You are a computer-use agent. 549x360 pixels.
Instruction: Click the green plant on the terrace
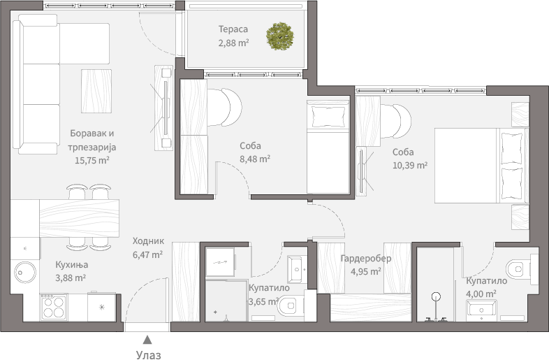(280, 36)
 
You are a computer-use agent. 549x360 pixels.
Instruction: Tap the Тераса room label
(233, 29)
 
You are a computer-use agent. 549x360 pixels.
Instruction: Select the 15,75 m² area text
(92, 160)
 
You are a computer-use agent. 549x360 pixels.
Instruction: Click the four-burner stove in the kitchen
(54, 307)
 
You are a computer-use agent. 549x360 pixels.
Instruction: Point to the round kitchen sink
(25, 272)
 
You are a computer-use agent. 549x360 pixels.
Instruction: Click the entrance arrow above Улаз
(148, 339)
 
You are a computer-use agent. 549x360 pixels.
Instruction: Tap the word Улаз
(149, 354)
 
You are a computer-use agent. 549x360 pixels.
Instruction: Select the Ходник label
(148, 241)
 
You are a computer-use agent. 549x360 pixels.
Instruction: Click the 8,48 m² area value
(255, 159)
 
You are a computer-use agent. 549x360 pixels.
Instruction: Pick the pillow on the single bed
(328, 117)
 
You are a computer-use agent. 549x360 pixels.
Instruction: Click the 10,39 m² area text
(410, 165)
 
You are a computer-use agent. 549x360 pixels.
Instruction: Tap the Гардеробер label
(366, 259)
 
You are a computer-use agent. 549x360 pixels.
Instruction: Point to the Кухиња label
(72, 265)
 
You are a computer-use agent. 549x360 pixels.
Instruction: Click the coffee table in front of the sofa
(96, 91)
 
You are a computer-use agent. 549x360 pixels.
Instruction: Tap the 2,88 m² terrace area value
(233, 43)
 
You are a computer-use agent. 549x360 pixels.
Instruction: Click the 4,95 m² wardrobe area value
(366, 272)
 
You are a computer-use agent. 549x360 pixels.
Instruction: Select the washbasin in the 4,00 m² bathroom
(481, 310)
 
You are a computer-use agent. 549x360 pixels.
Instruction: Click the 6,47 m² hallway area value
(147, 254)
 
